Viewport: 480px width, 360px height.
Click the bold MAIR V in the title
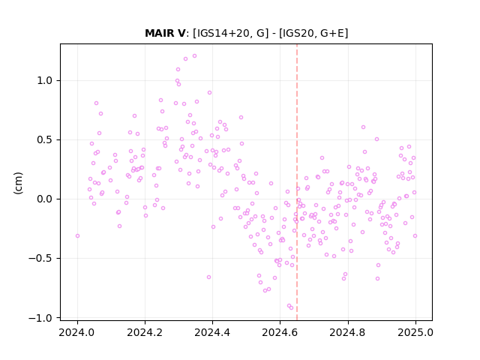[165, 33]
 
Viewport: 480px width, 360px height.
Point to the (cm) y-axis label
[18, 183]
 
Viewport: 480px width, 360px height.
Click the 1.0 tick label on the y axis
[45, 81]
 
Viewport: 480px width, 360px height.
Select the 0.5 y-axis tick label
[45, 140]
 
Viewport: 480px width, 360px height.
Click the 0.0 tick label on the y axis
[45, 199]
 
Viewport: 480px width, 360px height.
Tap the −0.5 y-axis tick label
[40, 259]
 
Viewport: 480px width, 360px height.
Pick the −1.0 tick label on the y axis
[40, 318]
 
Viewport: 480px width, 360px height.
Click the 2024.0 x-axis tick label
[77, 332]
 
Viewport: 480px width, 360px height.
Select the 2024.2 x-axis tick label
[145, 332]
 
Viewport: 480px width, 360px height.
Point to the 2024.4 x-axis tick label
[212, 332]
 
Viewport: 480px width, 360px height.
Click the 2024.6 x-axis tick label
[280, 332]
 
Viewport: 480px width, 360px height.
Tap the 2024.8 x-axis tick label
[348, 332]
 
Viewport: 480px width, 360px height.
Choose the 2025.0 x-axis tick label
[415, 332]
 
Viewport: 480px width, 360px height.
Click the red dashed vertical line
[297, 182]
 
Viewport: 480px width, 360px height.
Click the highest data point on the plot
[194, 56]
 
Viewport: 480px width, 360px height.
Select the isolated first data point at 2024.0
[77, 236]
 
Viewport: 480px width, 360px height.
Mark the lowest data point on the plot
[291, 308]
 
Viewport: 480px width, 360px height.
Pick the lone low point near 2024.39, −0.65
[208, 277]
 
